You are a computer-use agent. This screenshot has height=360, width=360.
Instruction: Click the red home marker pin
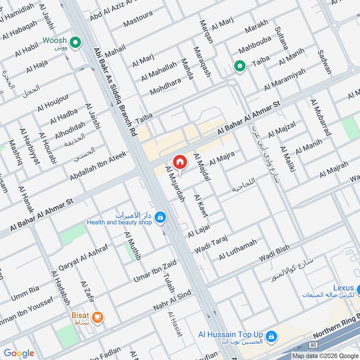tap(180, 162)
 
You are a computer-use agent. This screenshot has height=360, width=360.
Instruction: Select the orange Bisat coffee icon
tap(98, 317)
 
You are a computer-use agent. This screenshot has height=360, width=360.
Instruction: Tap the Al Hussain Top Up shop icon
tap(271, 336)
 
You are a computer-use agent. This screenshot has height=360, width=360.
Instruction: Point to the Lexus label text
tap(344, 288)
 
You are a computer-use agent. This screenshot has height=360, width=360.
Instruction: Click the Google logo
tap(19, 353)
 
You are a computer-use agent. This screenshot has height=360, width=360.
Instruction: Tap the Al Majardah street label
tap(175, 184)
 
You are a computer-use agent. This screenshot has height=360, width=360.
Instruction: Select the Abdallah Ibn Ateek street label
tap(99, 166)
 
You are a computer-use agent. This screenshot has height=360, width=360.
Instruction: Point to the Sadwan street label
tap(324, 62)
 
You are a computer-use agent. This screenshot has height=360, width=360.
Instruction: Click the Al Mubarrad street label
tap(320, 117)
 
